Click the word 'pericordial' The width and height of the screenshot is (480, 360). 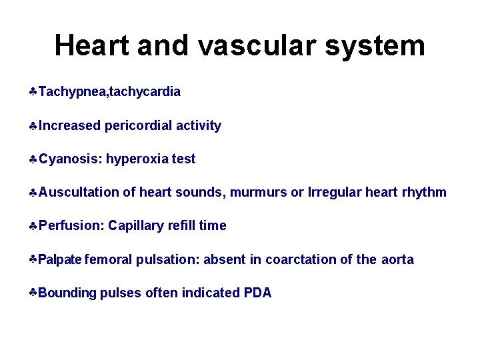tap(138, 125)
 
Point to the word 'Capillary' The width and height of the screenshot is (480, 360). tap(136, 225)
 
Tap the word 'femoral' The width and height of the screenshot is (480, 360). tap(109, 259)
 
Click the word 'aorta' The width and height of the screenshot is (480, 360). tap(397, 259)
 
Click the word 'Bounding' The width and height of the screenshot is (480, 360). tap(67, 293)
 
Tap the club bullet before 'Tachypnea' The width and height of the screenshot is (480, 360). tap(33, 92)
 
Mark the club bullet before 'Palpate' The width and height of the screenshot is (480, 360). tap(33, 259)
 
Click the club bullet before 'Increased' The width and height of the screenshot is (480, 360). tap(33, 125)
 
